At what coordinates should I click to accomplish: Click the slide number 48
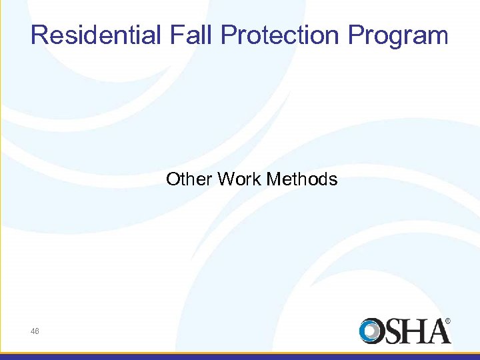[x=35, y=331]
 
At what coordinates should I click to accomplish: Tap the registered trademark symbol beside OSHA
[x=447, y=321]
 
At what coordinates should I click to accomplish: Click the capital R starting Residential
[x=39, y=35]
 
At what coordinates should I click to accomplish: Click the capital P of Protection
[x=228, y=35]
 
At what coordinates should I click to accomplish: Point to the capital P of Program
[x=355, y=35]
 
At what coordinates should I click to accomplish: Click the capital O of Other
[x=173, y=179]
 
